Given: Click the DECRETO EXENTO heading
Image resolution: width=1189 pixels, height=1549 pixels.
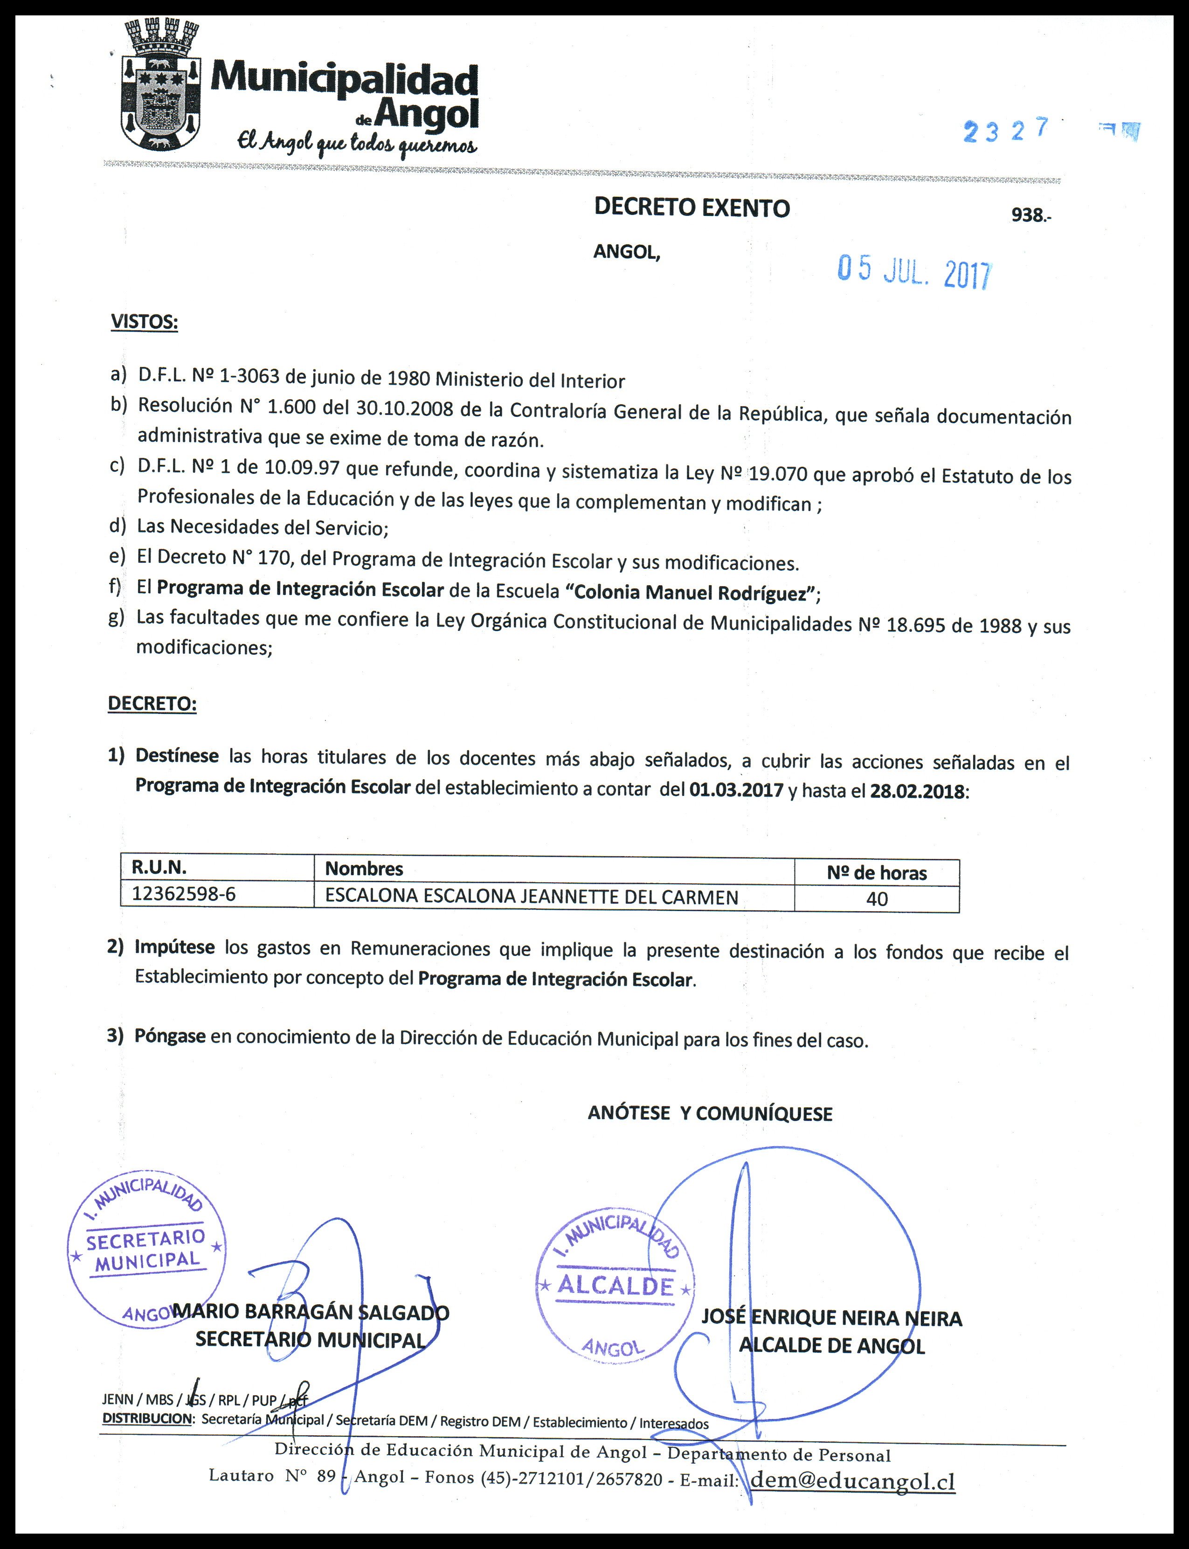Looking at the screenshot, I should tap(691, 207).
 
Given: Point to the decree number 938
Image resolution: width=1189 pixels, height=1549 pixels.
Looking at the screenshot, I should tap(1030, 215).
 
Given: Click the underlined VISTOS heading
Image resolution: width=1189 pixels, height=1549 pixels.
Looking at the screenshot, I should tap(145, 322).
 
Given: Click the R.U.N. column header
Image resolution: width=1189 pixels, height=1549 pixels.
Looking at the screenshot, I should tap(159, 868).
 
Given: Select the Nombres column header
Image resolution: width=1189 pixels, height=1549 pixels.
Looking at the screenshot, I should tap(364, 869).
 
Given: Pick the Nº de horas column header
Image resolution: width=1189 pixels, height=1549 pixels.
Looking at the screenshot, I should tap(876, 872).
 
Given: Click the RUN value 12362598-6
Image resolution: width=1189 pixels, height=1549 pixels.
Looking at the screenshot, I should tap(184, 894).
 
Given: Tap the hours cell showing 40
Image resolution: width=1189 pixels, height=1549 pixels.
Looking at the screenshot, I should tap(877, 899).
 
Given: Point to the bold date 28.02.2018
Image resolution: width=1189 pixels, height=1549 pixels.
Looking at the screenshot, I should tap(917, 791).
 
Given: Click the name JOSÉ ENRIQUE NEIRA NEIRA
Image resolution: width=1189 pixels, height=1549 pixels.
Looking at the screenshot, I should tap(831, 1318).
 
